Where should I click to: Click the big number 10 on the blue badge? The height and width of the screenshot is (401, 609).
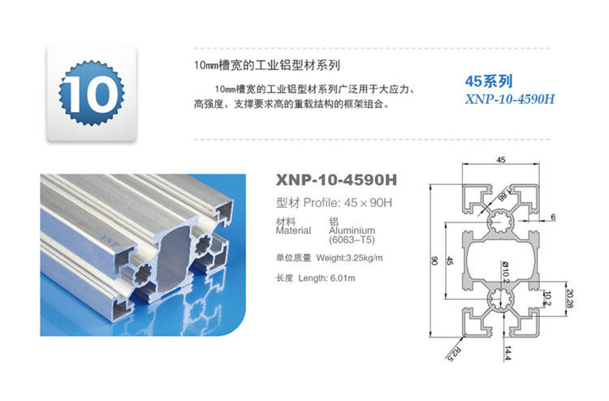click(91, 93)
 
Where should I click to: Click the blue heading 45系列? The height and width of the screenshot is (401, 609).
click(489, 81)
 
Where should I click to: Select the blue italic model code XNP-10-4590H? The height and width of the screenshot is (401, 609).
click(510, 99)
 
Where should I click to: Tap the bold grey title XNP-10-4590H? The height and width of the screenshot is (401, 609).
click(336, 180)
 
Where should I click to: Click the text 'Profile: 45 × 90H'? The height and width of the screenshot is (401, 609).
click(348, 203)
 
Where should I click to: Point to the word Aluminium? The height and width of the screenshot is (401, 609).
click(352, 231)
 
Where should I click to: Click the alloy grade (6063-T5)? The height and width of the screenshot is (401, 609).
click(352, 240)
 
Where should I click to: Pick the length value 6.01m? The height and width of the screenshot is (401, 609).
click(343, 278)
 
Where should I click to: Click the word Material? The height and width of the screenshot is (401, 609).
click(293, 231)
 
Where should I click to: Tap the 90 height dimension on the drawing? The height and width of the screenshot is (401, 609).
click(434, 261)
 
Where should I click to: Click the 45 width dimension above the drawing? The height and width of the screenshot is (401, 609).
click(501, 160)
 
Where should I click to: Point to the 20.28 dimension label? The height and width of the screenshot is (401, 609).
click(569, 299)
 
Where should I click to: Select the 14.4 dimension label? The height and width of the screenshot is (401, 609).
click(508, 353)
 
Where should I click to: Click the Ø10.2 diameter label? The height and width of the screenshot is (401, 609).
click(505, 271)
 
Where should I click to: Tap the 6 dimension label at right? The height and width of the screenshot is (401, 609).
click(553, 217)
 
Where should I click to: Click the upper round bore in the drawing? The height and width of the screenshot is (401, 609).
click(501, 222)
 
